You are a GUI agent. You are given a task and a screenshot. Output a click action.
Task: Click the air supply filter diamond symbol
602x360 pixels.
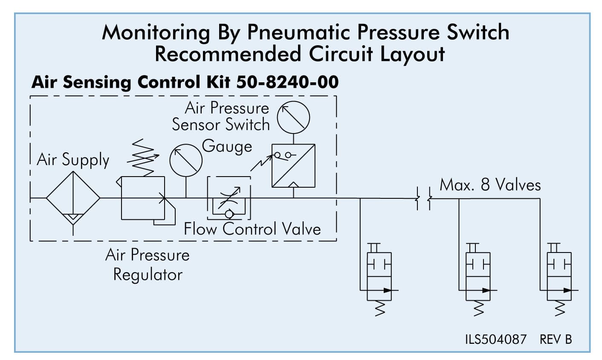pos(73,198)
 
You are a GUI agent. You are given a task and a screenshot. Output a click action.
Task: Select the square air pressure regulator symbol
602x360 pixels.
pos(143,198)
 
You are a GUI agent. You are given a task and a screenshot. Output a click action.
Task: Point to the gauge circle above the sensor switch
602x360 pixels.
pos(293,117)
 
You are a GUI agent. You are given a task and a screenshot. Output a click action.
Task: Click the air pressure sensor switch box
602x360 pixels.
pos(293,165)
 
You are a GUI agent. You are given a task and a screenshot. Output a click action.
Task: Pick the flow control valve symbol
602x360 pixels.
pos(229,197)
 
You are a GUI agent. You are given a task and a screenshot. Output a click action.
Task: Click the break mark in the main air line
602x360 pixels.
pos(423,198)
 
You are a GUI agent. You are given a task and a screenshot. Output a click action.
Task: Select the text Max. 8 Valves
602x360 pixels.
pos(490,185)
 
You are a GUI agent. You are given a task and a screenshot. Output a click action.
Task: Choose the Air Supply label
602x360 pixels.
pos(73,160)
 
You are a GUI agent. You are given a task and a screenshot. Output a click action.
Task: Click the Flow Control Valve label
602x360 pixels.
pos(252,229)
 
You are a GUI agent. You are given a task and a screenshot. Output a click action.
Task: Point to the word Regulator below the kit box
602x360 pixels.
pos(148,274)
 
